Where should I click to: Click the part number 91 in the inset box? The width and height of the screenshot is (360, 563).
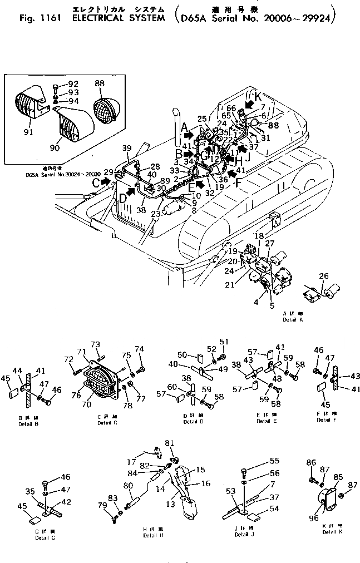(x=28, y=132)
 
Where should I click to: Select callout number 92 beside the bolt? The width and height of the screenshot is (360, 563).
(x=73, y=85)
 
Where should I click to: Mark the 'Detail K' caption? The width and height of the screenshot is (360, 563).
(x=332, y=532)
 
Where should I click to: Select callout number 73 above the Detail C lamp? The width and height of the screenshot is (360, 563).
(x=96, y=345)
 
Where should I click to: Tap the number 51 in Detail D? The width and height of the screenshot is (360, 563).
(x=224, y=342)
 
